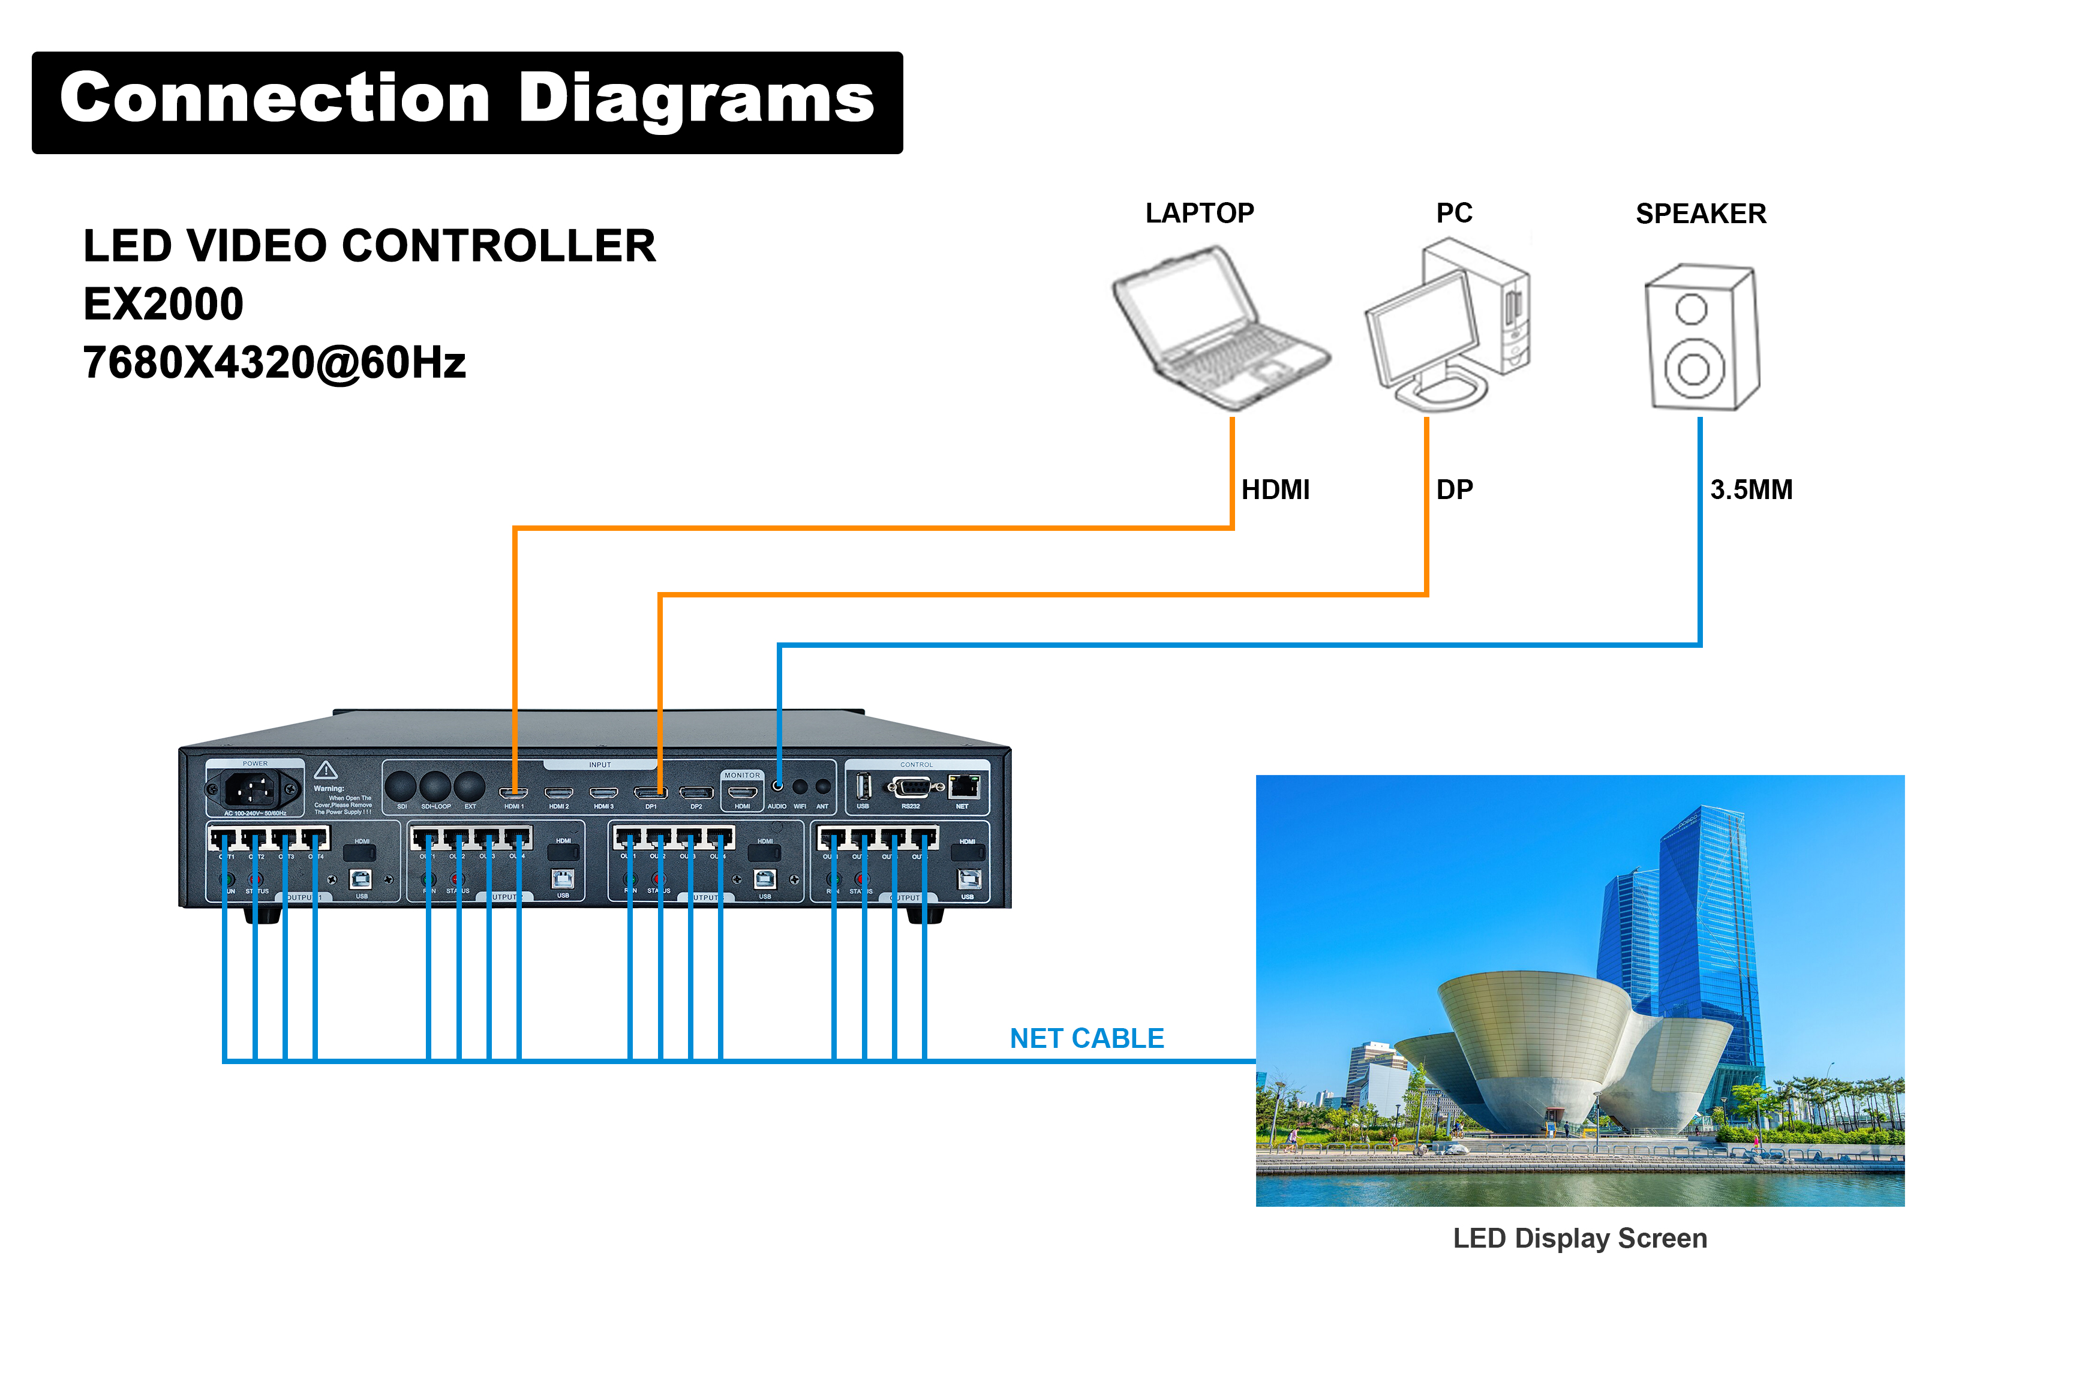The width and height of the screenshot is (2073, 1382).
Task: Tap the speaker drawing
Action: point(1701,338)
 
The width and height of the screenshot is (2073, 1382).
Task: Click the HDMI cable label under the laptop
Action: point(1275,490)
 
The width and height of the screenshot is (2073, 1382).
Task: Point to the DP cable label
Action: point(1454,490)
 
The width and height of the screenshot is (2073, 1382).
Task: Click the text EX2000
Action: point(163,304)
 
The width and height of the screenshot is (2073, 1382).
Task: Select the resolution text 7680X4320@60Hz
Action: point(274,363)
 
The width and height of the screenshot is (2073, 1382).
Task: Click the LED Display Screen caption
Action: point(1579,1238)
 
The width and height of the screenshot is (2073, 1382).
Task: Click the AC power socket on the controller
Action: point(254,789)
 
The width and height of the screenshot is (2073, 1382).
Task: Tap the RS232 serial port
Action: point(911,787)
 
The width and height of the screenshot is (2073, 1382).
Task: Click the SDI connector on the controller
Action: point(401,786)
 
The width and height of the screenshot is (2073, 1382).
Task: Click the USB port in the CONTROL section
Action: point(864,786)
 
